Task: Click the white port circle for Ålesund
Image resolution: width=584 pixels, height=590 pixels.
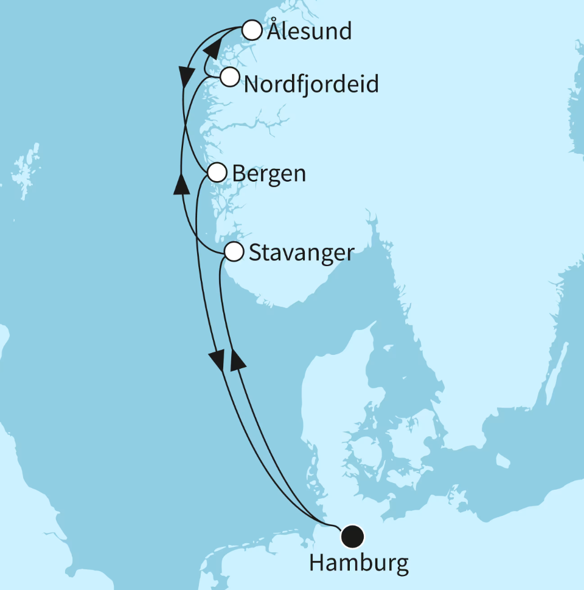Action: (252, 30)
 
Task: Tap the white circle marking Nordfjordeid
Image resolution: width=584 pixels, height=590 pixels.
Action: (229, 77)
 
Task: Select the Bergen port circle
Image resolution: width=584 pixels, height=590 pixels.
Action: (217, 173)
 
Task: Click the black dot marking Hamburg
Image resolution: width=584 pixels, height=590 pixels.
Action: (352, 536)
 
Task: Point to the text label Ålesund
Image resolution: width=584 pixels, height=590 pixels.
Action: (309, 31)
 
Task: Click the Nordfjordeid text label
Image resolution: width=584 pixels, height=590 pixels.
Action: (311, 84)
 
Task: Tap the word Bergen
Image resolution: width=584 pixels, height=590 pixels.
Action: (269, 174)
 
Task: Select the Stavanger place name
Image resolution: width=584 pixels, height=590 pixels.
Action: (301, 252)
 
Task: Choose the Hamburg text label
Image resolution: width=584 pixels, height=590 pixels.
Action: (358, 563)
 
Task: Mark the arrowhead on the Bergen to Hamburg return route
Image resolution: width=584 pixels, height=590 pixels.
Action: (218, 360)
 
